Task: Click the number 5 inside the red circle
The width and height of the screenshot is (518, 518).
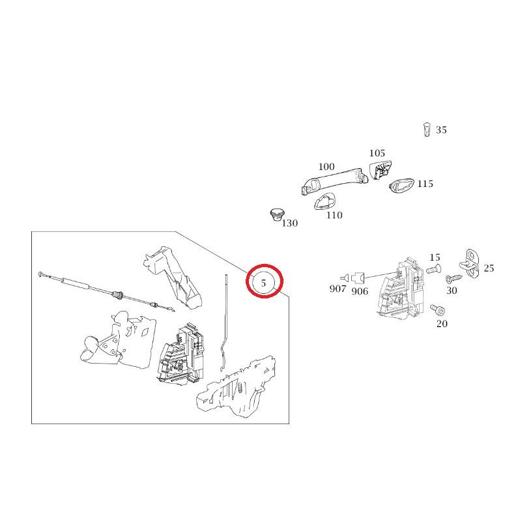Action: tap(263, 283)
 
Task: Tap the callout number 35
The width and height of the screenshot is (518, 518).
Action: tap(441, 130)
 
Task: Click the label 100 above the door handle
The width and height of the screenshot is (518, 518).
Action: tap(326, 167)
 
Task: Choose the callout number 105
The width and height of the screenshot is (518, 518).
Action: tap(377, 153)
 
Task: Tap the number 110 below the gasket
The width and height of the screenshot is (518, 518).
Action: tap(334, 216)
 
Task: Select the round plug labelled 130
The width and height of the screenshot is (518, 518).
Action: tap(277, 214)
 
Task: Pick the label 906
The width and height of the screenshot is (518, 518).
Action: tap(360, 291)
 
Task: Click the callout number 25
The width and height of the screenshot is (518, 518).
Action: tap(489, 268)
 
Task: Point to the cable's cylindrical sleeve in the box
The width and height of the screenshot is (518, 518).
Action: tap(76, 283)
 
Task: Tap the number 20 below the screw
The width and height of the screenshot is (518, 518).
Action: tap(442, 324)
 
